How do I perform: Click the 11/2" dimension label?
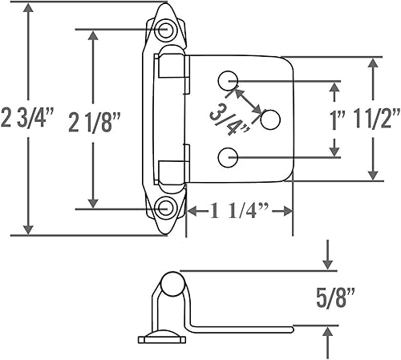pyautogui.click(x=375, y=119)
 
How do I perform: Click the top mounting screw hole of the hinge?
pyautogui.click(x=168, y=30)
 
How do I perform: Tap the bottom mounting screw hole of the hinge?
pyautogui.click(x=167, y=208)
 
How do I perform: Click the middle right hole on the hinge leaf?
pyautogui.click(x=271, y=119)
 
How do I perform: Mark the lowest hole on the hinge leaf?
pyautogui.click(x=229, y=157)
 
